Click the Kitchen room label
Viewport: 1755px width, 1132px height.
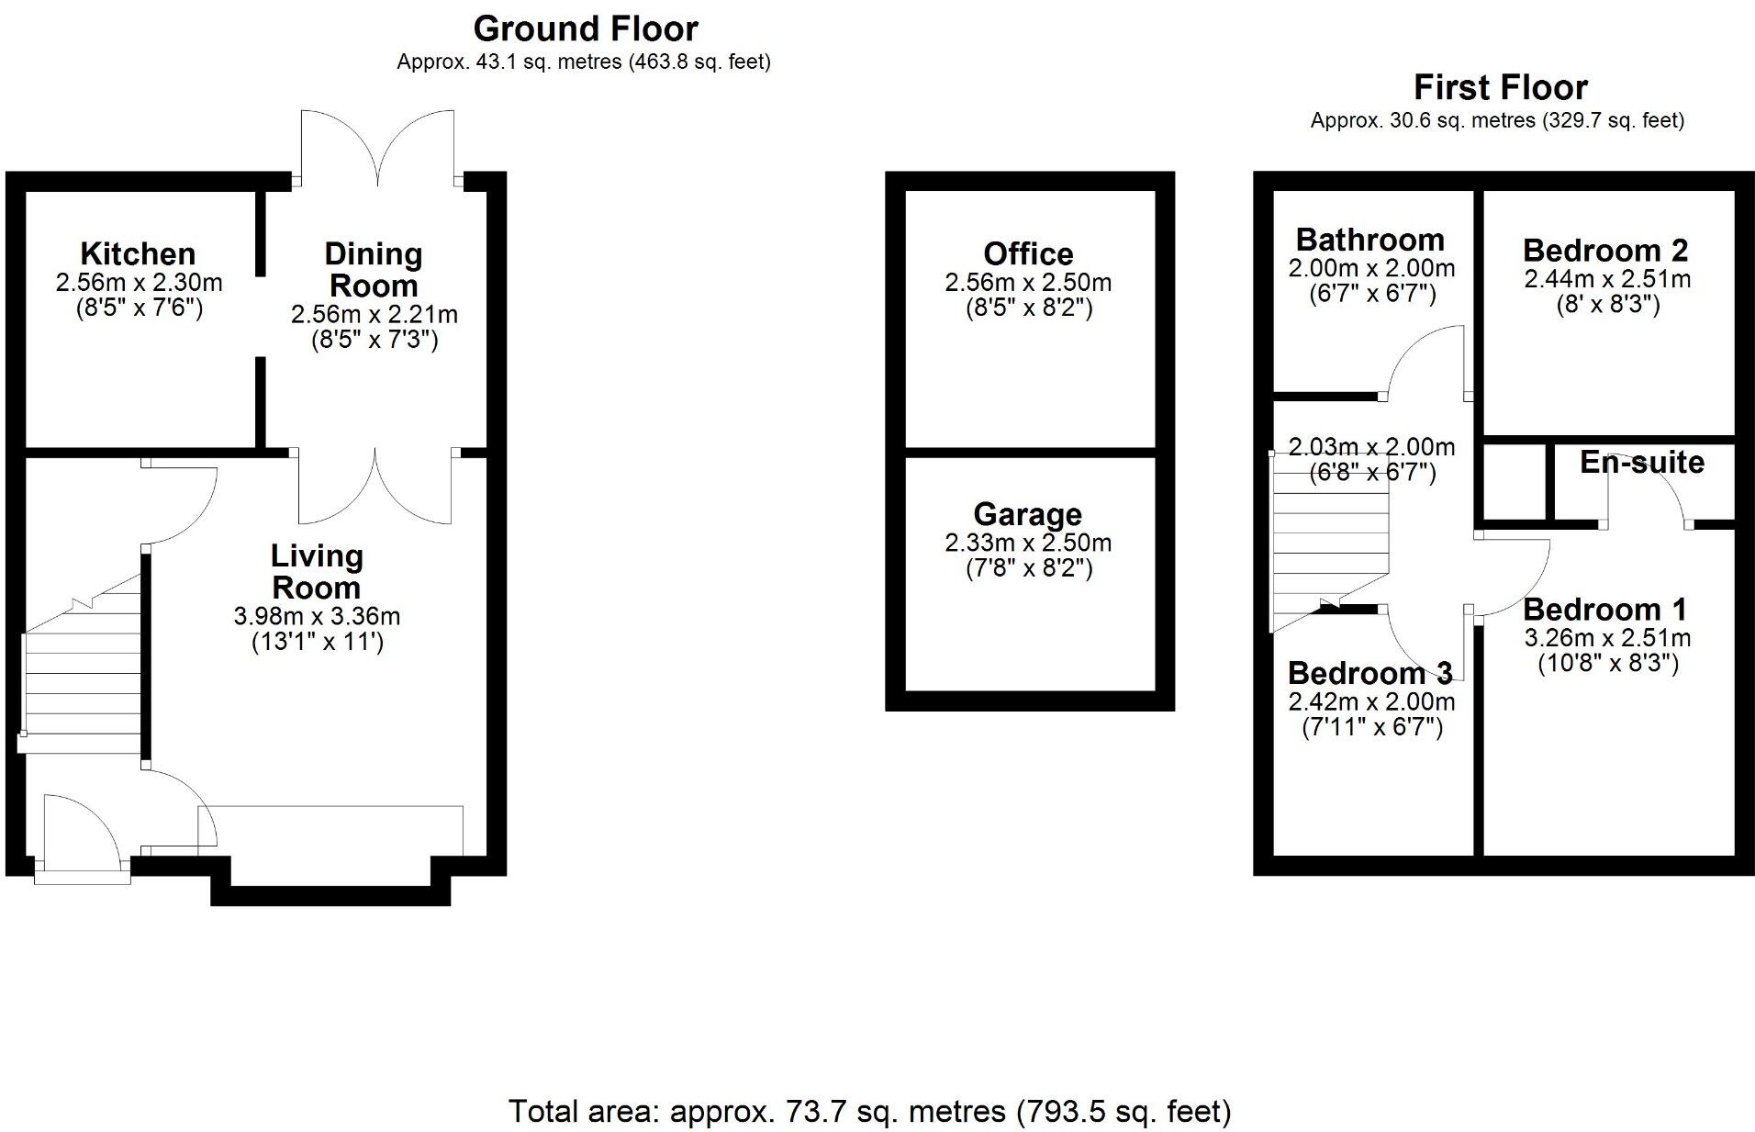[138, 253]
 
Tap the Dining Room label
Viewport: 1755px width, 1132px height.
[374, 269]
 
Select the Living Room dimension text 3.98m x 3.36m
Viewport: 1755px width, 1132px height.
[317, 616]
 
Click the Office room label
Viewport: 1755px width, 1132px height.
[1028, 253]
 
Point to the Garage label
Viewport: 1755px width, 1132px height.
[1028, 514]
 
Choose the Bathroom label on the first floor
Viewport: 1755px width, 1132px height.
[1370, 240]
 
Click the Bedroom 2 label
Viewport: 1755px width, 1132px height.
[1605, 250]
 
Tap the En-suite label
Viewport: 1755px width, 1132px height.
[1642, 462]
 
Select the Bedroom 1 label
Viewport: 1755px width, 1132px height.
[1605, 610]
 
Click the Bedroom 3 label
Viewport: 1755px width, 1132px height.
[1370, 673]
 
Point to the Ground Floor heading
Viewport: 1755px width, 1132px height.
[586, 29]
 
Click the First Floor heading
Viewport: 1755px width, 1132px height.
[1501, 87]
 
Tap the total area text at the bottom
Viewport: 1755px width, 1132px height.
[870, 1112]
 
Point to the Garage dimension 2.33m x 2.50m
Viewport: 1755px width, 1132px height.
[1028, 543]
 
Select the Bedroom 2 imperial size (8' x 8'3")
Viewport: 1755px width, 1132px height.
[1607, 305]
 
